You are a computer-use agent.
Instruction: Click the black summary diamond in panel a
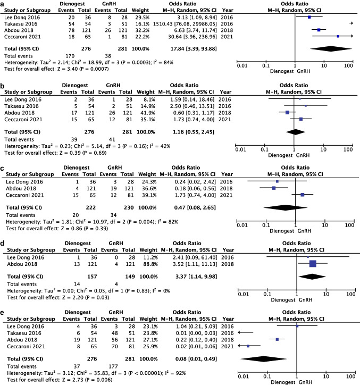pos(319,49)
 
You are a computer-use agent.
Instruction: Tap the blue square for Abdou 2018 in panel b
pos(288,112)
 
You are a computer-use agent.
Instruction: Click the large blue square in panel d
pos(312,263)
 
